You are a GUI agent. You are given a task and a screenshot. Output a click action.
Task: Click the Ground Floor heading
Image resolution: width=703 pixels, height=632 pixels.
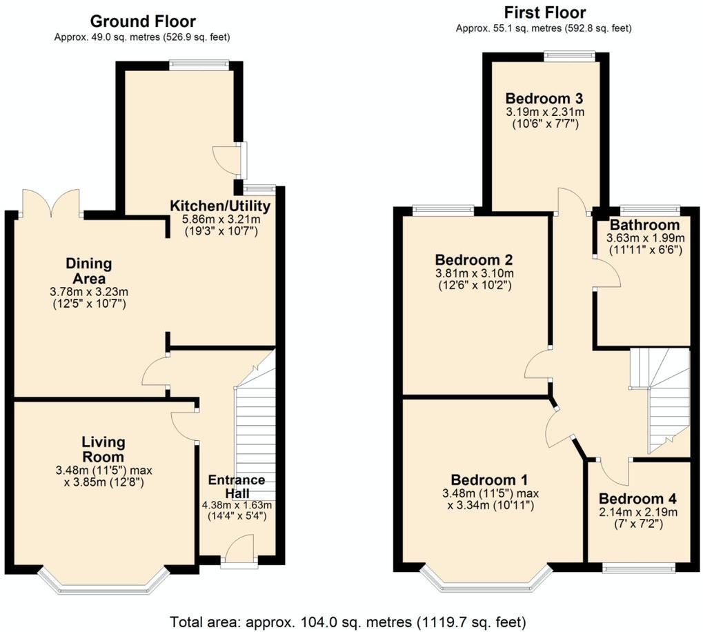coord(142,21)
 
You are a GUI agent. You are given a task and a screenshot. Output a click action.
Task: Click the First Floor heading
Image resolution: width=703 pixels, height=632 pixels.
coord(544,12)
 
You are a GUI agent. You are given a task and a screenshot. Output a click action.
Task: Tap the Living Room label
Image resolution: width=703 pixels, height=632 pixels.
coord(103,449)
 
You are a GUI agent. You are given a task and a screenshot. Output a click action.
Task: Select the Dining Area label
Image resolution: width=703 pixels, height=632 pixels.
coord(88,270)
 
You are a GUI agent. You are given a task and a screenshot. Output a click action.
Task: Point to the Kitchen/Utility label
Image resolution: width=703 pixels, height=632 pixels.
coord(220,206)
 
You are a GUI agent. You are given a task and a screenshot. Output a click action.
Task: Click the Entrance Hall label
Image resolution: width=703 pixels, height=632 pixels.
coord(237,487)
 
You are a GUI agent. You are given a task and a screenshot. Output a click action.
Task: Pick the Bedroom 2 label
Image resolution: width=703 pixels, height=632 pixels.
coord(473,259)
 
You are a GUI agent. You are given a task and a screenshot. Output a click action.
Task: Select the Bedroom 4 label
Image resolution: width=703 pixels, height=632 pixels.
coord(637,499)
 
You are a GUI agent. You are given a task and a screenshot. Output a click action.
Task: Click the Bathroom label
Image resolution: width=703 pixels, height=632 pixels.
coord(644,225)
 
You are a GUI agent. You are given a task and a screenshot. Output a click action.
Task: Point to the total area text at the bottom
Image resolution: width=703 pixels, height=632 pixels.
coord(351,620)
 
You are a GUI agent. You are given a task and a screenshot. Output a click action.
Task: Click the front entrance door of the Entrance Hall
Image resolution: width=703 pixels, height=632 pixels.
coord(239,553)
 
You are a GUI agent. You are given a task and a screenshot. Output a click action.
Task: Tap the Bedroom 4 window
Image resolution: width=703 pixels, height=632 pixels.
coord(638,568)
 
